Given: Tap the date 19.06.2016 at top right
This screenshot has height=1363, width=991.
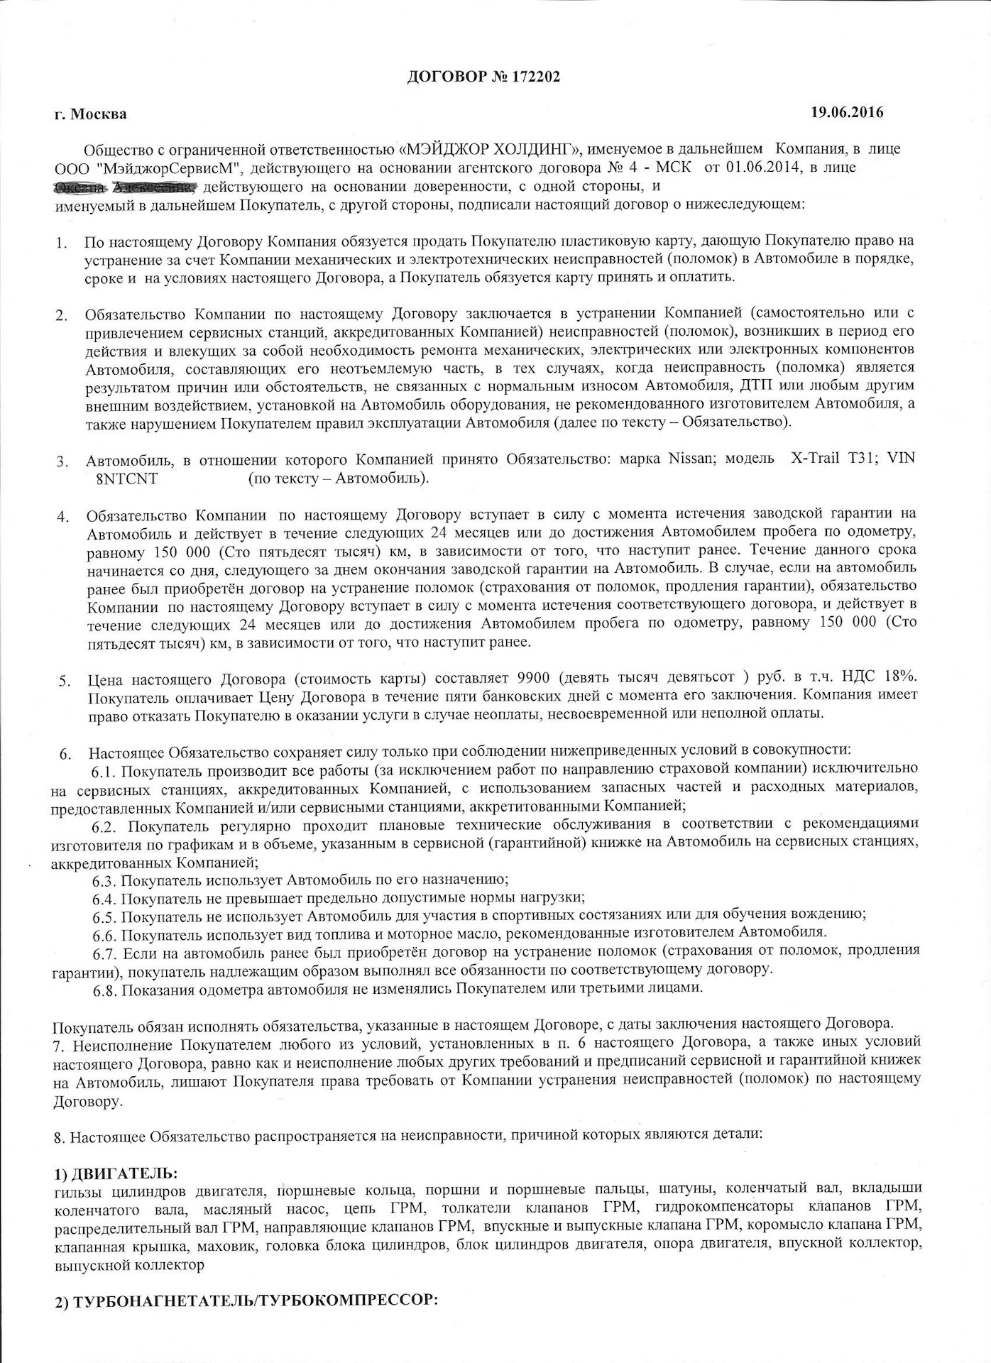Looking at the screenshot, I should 848,111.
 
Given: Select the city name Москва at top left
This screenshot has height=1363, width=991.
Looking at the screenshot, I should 99,114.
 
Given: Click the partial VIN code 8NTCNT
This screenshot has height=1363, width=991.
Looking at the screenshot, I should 126,478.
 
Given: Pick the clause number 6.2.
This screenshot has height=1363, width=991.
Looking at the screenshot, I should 105,825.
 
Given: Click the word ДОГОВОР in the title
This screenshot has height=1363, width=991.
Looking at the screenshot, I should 445,77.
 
